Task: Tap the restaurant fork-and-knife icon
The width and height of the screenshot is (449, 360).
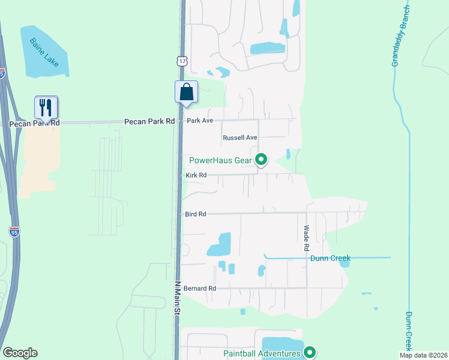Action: (x=46, y=107)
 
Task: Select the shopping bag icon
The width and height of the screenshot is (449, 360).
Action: (x=186, y=92)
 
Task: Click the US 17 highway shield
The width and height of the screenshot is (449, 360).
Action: (x=182, y=61)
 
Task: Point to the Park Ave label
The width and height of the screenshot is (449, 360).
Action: (x=200, y=121)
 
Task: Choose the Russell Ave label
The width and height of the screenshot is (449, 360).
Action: (x=240, y=137)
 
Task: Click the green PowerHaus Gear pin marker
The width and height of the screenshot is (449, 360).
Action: (x=261, y=160)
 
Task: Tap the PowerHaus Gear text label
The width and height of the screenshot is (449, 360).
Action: (x=220, y=160)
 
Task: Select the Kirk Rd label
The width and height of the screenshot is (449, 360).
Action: (x=196, y=175)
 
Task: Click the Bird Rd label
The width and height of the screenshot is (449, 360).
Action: (x=196, y=214)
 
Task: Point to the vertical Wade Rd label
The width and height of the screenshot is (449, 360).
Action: (x=306, y=238)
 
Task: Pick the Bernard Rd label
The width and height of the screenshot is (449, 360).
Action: (x=200, y=289)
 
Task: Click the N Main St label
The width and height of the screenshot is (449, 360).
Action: (x=178, y=298)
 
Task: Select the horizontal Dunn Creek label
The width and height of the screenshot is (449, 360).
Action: (x=330, y=259)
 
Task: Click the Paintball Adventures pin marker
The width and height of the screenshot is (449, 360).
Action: (x=310, y=353)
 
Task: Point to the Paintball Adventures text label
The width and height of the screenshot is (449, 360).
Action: (x=261, y=353)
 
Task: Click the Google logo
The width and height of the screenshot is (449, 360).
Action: (x=20, y=353)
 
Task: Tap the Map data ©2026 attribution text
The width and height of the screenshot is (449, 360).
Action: (x=423, y=355)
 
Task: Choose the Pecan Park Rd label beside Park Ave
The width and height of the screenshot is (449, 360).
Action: (x=149, y=121)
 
